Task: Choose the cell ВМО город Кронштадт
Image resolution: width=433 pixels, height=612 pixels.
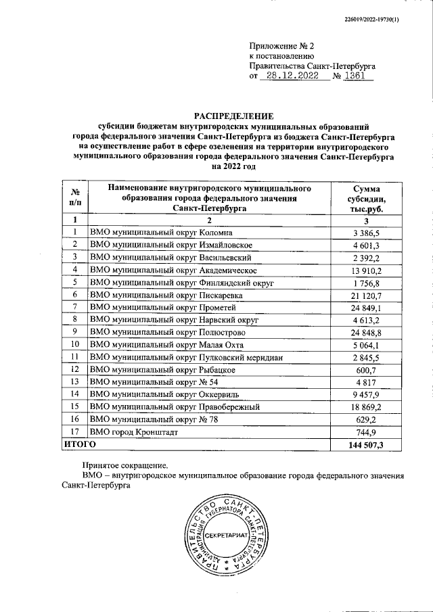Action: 135,431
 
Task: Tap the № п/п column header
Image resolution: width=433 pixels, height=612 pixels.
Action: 74,197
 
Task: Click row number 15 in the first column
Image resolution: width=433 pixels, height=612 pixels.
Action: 74,406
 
